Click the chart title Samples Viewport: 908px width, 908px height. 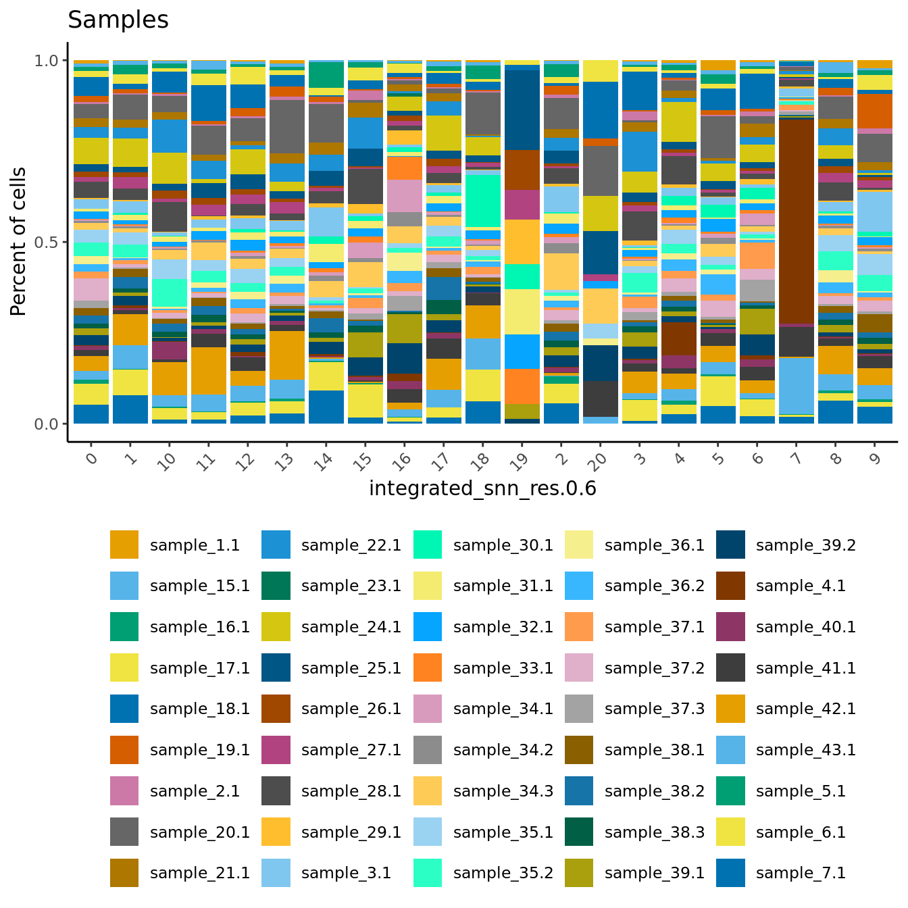118,20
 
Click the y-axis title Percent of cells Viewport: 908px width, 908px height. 19,242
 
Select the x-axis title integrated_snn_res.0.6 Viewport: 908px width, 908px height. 482,488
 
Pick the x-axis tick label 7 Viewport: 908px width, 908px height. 797,459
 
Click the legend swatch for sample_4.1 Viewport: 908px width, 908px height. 730,586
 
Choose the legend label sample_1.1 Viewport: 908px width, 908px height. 195,545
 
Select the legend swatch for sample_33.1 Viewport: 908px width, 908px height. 428,667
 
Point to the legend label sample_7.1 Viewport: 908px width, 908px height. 801,873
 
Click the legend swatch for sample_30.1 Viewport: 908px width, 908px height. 428,545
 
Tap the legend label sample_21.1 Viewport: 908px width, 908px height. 200,873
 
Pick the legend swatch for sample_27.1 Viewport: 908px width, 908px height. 276,750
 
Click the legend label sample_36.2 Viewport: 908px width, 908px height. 654,586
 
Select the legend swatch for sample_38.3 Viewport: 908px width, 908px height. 579,832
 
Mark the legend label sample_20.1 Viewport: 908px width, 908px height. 200,832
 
